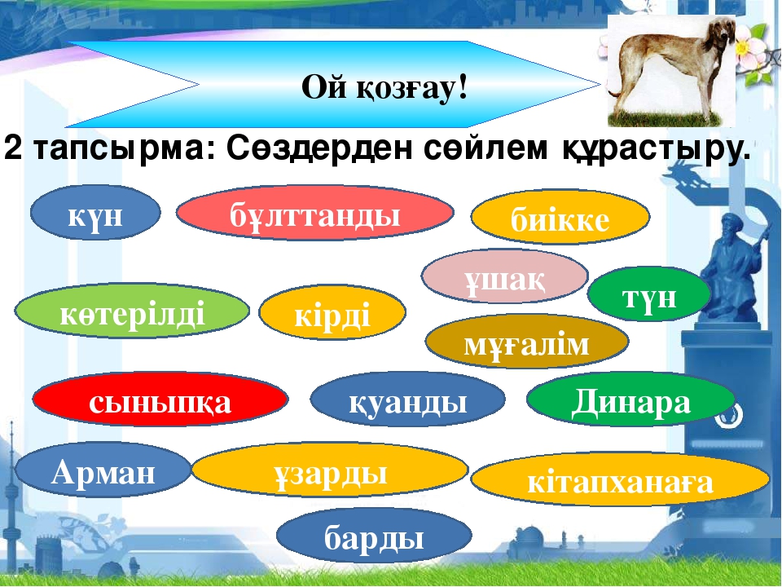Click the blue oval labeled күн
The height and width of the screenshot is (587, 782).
click(95, 213)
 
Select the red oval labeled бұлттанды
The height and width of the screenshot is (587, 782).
click(314, 213)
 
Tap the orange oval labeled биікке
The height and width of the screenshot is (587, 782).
click(560, 217)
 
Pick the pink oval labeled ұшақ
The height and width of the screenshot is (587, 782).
click(505, 276)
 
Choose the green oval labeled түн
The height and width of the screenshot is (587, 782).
click(649, 294)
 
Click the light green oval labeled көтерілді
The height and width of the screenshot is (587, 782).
click(132, 311)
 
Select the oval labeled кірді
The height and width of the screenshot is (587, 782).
click(332, 312)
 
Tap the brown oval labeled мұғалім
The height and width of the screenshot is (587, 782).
click(527, 342)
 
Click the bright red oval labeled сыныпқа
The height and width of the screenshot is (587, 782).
click(160, 399)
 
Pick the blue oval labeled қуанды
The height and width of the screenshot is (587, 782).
click(407, 399)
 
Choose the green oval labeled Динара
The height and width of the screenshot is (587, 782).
click(630, 399)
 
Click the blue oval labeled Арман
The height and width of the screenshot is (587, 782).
click(103, 470)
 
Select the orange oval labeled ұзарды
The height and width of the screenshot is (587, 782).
click(330, 470)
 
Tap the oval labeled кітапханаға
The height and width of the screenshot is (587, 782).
click(621, 479)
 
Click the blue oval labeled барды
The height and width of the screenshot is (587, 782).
click(374, 536)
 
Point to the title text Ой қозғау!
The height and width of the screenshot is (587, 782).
click(384, 87)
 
